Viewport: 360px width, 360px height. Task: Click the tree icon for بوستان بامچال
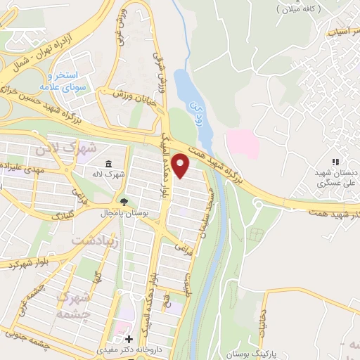[x=125, y=202]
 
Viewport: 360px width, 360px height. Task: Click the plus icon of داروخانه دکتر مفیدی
[x=128, y=338]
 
